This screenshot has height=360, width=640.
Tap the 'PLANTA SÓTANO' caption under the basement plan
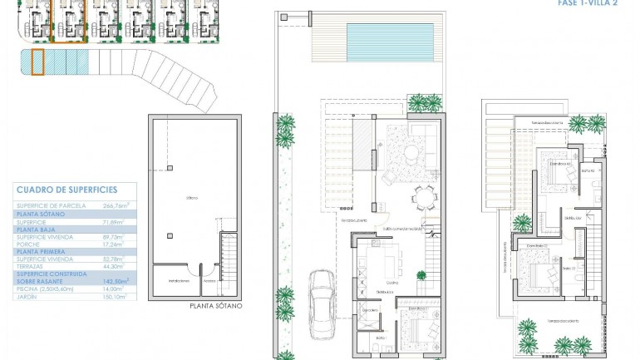click(215, 306)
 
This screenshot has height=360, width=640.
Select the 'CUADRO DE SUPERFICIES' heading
click(66, 190)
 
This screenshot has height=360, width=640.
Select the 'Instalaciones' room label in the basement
click(168, 281)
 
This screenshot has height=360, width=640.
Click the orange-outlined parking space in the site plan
click(37, 62)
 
